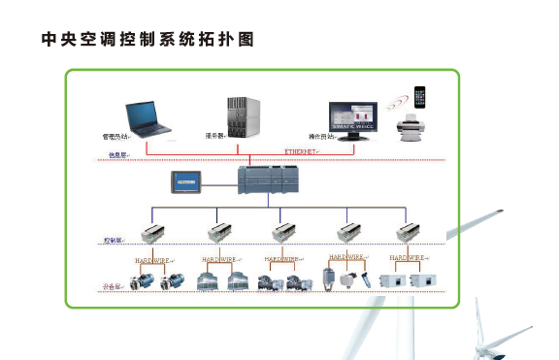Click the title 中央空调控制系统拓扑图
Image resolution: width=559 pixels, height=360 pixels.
(153, 40)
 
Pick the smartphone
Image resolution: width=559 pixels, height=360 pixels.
(419, 99)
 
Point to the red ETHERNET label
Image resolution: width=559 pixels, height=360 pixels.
(304, 152)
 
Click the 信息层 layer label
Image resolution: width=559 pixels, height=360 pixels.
(117, 155)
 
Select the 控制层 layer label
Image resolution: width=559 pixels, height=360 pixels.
(114, 239)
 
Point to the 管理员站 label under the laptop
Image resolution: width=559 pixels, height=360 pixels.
(116, 137)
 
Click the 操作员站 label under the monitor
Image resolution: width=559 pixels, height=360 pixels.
(321, 137)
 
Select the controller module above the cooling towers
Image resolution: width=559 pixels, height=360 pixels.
(219, 233)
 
